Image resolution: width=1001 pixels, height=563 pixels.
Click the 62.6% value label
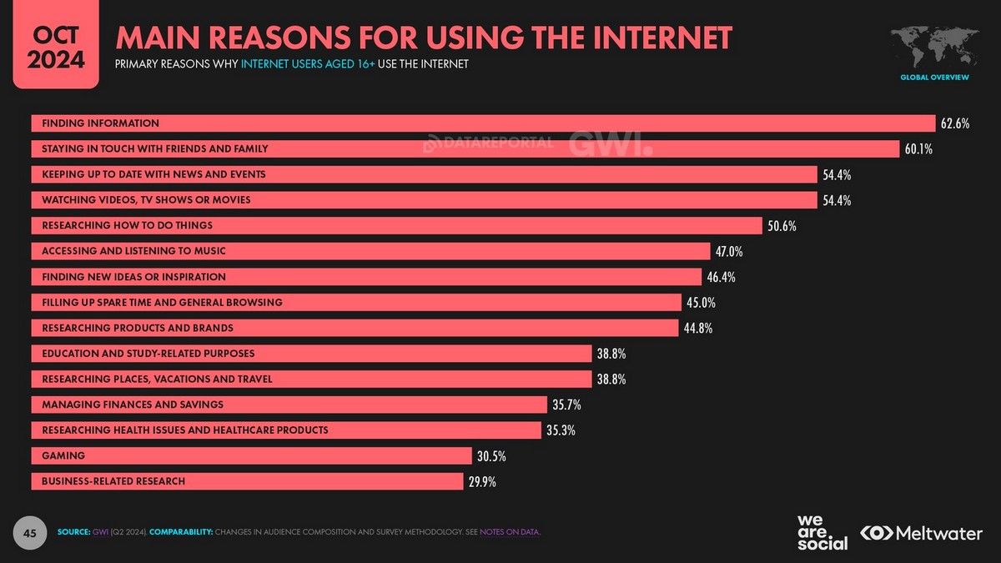point(954,123)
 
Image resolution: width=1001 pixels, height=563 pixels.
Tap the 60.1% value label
point(918,149)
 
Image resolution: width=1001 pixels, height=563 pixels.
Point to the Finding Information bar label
point(100,123)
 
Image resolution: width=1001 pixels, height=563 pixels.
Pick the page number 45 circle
point(28,531)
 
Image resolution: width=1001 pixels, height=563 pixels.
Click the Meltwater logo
point(921,533)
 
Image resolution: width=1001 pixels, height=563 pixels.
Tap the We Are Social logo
point(822,532)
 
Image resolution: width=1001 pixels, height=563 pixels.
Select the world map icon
point(933,48)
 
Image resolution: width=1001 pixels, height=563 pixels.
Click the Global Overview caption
point(933,78)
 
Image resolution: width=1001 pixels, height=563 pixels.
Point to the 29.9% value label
point(482,481)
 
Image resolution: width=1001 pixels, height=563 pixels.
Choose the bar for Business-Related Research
point(247,481)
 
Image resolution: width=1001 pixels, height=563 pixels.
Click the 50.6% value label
point(782,225)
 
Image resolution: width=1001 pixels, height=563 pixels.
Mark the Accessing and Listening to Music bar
point(370,251)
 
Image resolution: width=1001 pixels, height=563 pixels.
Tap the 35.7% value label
point(566,405)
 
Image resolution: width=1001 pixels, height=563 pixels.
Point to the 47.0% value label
point(728,251)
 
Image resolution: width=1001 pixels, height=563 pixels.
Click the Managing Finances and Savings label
point(133,405)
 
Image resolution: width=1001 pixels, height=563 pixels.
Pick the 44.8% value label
point(697,328)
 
